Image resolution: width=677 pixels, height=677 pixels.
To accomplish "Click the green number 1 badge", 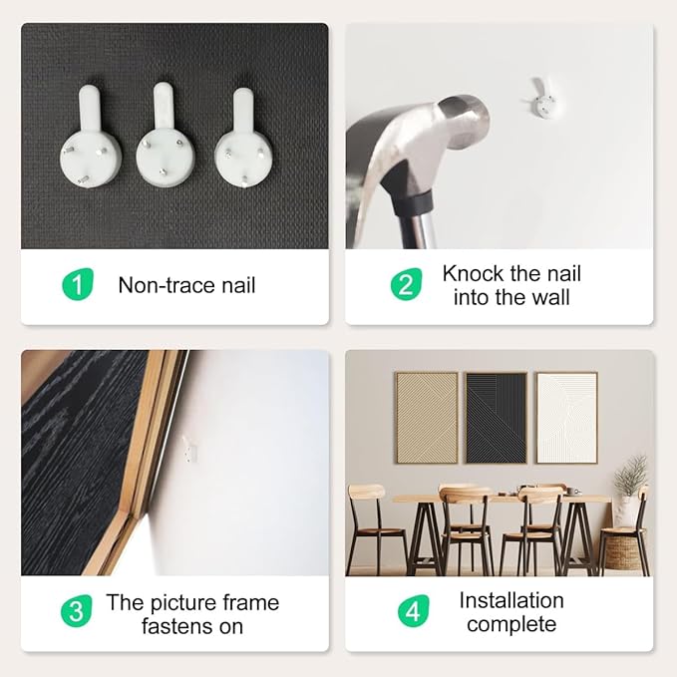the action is (x=78, y=284).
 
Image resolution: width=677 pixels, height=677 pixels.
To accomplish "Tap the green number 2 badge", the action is (x=406, y=284).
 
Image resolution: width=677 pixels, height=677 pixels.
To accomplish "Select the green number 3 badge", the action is (x=77, y=610).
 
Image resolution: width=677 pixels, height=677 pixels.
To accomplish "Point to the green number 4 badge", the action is (x=414, y=610).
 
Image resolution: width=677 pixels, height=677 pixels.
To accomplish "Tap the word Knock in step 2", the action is (x=474, y=274).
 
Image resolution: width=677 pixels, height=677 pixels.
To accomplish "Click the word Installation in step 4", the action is (x=511, y=600).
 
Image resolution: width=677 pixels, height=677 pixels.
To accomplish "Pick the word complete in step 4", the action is (x=511, y=624).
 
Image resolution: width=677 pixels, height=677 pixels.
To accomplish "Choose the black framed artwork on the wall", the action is (x=497, y=418).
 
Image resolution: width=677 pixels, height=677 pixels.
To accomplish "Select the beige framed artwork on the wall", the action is (x=427, y=418).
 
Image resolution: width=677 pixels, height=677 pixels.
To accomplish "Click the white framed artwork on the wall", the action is (x=567, y=418).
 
